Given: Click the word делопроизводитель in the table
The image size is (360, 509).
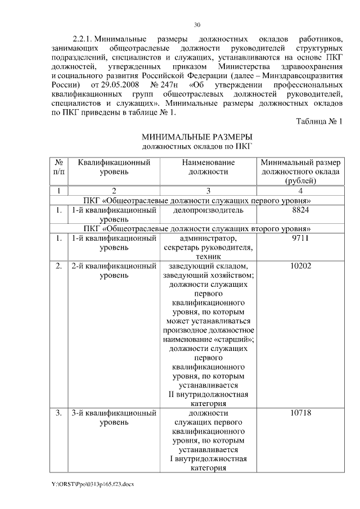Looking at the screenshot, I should [209, 210].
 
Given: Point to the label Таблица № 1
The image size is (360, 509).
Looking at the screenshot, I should [319, 121].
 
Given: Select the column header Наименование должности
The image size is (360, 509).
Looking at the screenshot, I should [208, 167].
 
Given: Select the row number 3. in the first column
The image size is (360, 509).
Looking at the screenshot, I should [59, 413].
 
